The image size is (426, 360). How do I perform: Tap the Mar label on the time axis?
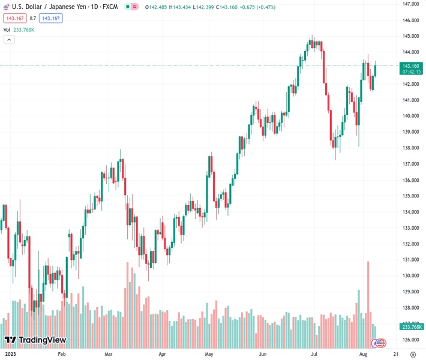click(x=108, y=354)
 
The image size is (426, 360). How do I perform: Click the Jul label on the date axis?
click(x=314, y=354)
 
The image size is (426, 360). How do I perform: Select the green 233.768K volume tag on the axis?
click(x=411, y=326)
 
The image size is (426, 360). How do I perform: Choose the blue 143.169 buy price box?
click(x=50, y=18)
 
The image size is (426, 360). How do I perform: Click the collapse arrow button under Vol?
click(x=9, y=40)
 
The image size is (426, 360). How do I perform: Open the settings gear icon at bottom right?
click(x=413, y=354)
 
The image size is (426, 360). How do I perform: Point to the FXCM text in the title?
click(x=109, y=7)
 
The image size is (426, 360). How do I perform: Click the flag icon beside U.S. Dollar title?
click(x=7, y=7)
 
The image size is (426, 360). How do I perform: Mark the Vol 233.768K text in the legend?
click(x=19, y=29)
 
